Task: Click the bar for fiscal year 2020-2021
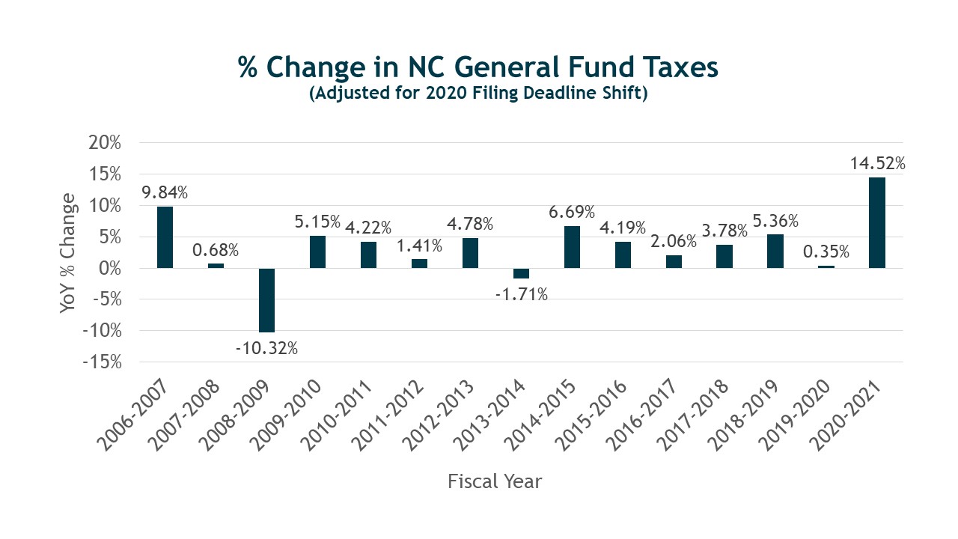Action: click(876, 222)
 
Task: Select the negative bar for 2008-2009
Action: click(267, 299)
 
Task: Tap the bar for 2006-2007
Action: click(165, 237)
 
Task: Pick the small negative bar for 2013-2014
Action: click(521, 273)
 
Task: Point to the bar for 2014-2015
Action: click(572, 247)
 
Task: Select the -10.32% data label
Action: click(267, 348)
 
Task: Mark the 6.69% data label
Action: click(572, 213)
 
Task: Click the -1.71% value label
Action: click(522, 294)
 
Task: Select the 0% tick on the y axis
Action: click(111, 268)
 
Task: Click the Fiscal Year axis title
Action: click(495, 481)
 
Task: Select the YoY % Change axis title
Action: click(69, 252)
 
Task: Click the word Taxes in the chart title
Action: click(676, 68)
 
